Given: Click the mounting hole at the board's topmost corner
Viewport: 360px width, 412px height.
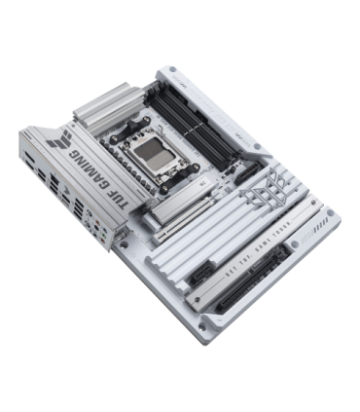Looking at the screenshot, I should (171, 71).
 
